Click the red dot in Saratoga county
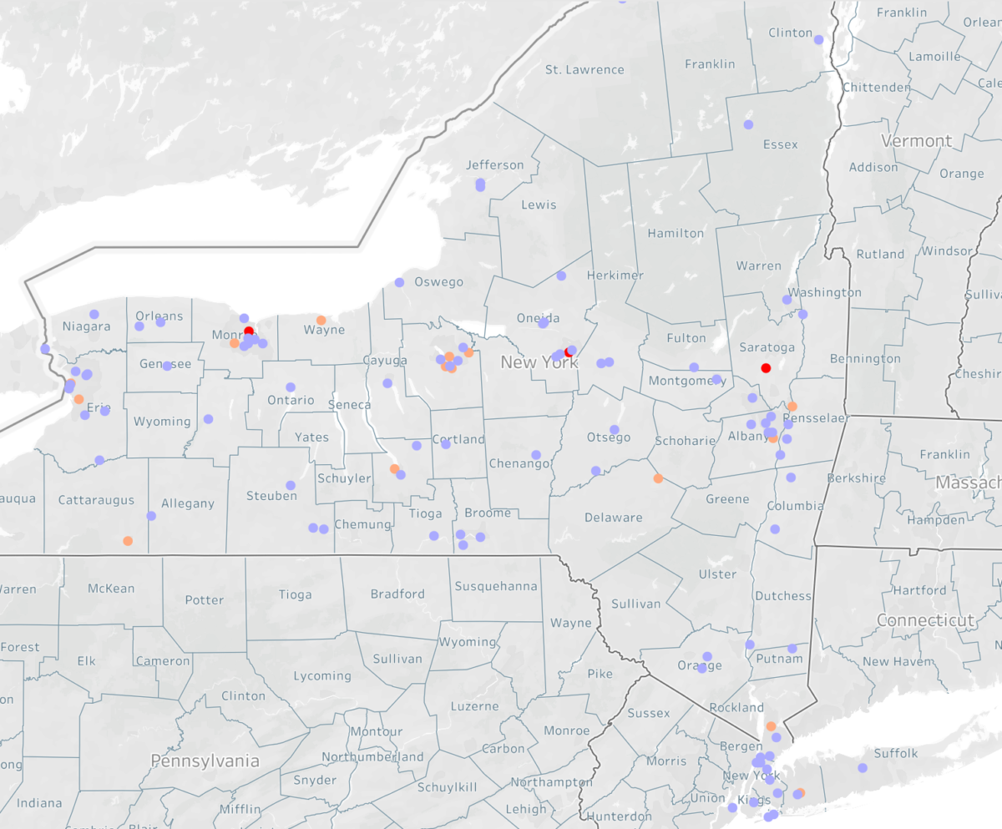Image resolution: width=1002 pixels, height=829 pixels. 766,368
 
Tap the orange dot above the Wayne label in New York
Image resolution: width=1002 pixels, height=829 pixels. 321,320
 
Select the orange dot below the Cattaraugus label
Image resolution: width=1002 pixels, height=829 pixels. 128,541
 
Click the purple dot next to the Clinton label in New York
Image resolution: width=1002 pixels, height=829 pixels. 818,39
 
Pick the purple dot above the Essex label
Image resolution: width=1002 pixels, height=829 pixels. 748,124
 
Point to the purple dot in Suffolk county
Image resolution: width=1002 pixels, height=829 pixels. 863,768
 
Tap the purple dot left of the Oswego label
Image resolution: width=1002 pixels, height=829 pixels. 399,282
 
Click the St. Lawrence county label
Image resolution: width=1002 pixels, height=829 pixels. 584,69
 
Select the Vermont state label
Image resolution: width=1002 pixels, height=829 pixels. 916,140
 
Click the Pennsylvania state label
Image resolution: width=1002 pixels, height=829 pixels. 205,761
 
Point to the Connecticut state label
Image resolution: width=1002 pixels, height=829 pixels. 925,620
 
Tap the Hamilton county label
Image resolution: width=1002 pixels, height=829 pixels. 676,233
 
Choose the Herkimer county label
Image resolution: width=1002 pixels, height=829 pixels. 615,275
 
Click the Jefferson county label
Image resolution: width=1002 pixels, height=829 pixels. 495,164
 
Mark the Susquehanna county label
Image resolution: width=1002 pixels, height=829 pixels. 496,586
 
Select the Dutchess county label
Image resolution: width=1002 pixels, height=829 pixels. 783,595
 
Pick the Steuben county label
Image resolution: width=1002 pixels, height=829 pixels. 271,496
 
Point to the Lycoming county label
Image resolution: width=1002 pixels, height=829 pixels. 322,675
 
